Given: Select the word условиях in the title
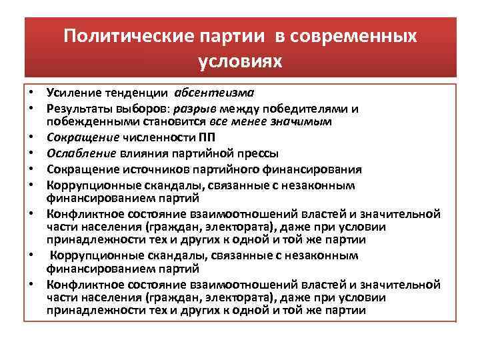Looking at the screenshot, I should pos(240,61).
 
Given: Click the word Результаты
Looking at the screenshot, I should pos(76,108).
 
